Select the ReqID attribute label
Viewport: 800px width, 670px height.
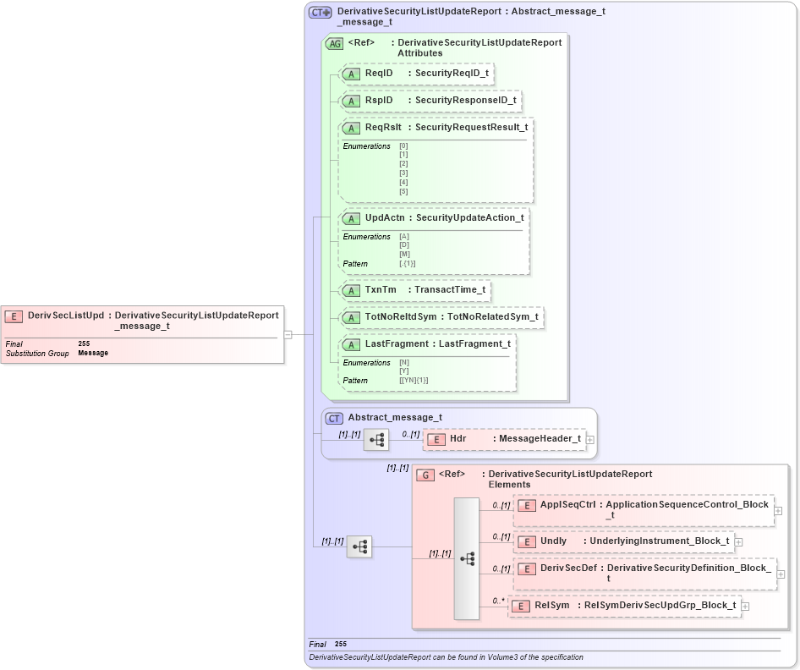pyautogui.click(x=378, y=74)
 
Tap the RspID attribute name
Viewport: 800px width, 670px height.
pyautogui.click(x=378, y=101)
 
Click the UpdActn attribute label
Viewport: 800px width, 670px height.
pyautogui.click(x=384, y=218)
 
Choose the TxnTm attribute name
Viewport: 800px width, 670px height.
pyautogui.click(x=381, y=290)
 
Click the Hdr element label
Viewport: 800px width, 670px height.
pyautogui.click(x=458, y=439)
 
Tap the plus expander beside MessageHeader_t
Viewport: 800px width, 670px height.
pyautogui.click(x=590, y=440)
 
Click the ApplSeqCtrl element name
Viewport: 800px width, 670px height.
pyautogui.click(x=568, y=504)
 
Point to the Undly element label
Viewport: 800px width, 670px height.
pyautogui.click(x=553, y=541)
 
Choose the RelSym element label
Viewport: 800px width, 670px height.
pyautogui.click(x=551, y=606)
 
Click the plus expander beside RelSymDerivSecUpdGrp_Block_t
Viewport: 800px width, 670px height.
pyautogui.click(x=745, y=606)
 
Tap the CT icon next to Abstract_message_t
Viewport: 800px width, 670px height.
pyautogui.click(x=334, y=418)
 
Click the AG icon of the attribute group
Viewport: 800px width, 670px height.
pyautogui.click(x=334, y=43)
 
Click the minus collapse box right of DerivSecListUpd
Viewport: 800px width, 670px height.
pyautogui.click(x=288, y=334)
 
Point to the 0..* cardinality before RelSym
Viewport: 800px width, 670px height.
pyautogui.click(x=498, y=601)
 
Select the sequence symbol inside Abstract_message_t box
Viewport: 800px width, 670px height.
pyautogui.click(x=376, y=440)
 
